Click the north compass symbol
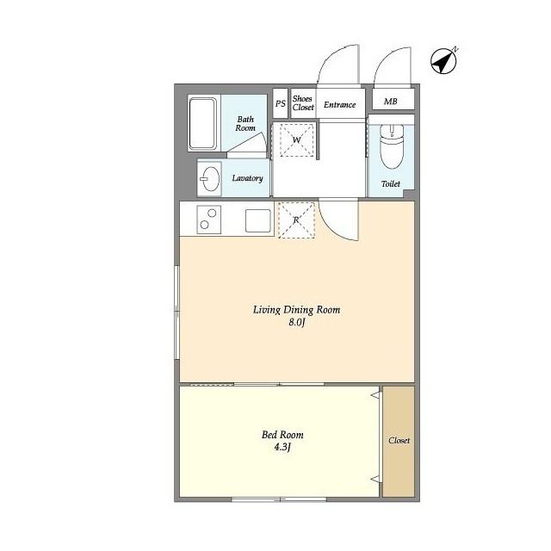[444, 61]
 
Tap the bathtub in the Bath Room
[203, 123]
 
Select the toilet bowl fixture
[392, 145]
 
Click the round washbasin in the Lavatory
[211, 178]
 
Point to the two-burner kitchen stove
[208, 220]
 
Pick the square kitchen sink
[258, 220]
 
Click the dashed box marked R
[296, 220]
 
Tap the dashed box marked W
[296, 139]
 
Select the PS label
[281, 103]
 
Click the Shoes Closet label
[303, 103]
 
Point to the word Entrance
[339, 105]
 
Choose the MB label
[390, 102]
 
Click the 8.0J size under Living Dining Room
[296, 322]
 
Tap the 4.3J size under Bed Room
[282, 447]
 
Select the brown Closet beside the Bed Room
[399, 442]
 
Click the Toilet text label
[391, 183]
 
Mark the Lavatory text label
[247, 178]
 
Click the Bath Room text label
[245, 124]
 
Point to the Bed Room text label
[282, 435]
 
